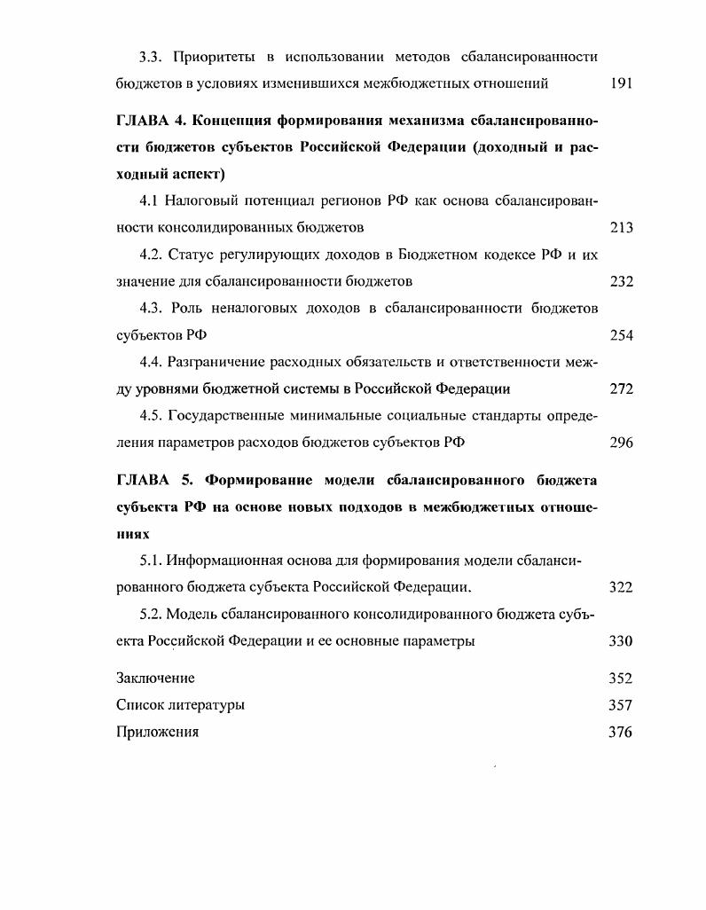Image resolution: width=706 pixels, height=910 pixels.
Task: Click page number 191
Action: pyautogui.click(x=622, y=83)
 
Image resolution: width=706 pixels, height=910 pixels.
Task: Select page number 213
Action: pyautogui.click(x=622, y=228)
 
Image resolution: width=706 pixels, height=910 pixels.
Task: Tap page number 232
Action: pyautogui.click(x=622, y=282)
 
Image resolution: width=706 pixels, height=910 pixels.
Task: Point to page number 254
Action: pyautogui.click(x=622, y=336)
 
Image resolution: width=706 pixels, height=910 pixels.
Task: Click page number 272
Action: pyautogui.click(x=622, y=388)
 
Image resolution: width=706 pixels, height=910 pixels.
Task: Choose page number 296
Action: pyautogui.click(x=622, y=443)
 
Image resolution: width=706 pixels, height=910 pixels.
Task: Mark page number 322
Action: pyautogui.click(x=622, y=588)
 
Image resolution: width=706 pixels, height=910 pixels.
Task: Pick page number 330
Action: pyautogui.click(x=622, y=641)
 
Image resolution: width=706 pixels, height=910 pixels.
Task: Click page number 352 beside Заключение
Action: pyautogui.click(x=622, y=679)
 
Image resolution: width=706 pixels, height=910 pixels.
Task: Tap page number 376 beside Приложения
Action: pyautogui.click(x=622, y=732)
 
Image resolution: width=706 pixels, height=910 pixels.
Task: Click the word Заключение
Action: pyautogui.click(x=155, y=679)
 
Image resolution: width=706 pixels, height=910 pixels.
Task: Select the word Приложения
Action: pyautogui.click(x=157, y=732)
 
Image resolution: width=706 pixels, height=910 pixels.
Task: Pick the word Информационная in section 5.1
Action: pyautogui.click(x=219, y=561)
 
